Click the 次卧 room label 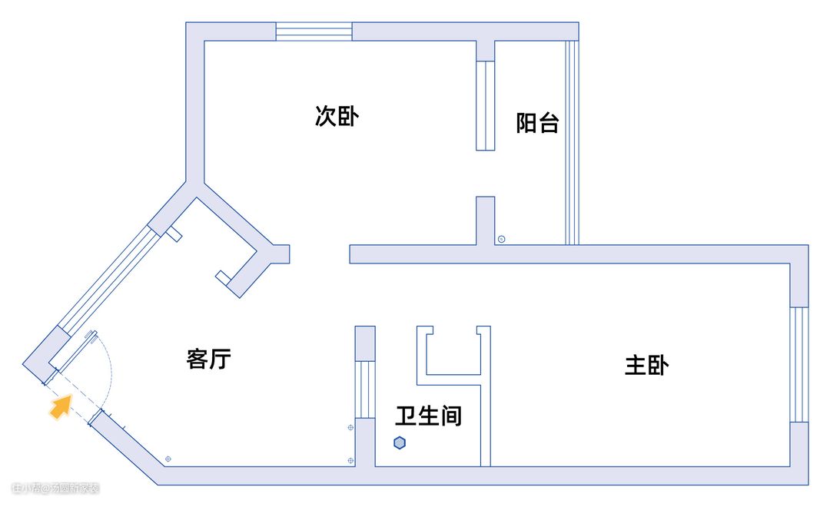click(337, 116)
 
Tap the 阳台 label click(537, 123)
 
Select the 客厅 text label click(208, 359)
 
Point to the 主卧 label click(646, 365)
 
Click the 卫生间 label click(429, 416)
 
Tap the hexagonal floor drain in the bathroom click(400, 443)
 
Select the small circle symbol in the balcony click(501, 239)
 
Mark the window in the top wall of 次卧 click(314, 31)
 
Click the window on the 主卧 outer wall click(799, 364)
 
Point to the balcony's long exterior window click(571, 142)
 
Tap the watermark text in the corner click(55, 488)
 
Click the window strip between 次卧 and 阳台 click(485, 105)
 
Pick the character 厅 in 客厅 click(220, 359)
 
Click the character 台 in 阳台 click(548, 123)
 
